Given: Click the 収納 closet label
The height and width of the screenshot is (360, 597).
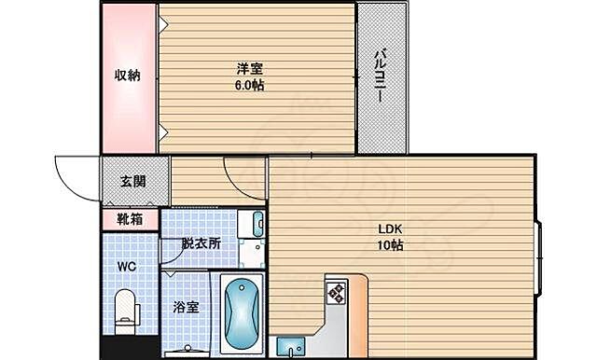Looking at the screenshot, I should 127,76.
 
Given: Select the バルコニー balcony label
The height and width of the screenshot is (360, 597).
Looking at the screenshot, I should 383,75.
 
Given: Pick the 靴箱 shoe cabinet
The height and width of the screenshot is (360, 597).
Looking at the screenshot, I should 130,220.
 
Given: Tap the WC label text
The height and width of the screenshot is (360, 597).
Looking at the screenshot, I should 126,266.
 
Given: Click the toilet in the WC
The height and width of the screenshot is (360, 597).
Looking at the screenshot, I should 123,309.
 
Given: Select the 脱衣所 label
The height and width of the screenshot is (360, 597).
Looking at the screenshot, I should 201,242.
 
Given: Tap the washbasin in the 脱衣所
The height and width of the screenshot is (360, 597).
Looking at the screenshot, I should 257,224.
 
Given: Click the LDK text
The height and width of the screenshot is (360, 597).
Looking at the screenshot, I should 390,229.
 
